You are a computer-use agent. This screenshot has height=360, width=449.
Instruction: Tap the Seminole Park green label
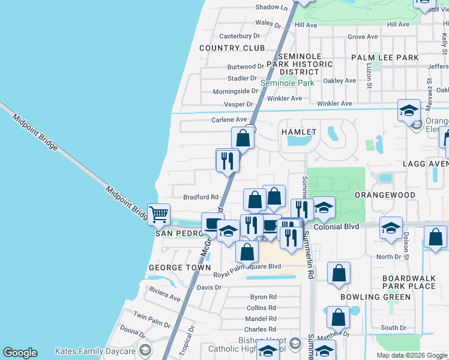287,83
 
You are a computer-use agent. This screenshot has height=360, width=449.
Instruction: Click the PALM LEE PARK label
385,58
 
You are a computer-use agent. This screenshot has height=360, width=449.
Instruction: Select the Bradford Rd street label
201,197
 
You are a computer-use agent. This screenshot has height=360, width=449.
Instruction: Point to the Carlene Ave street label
229,120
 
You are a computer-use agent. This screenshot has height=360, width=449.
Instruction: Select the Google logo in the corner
20,353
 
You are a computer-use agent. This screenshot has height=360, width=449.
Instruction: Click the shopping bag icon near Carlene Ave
243,137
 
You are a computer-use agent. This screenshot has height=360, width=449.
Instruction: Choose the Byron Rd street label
263,297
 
